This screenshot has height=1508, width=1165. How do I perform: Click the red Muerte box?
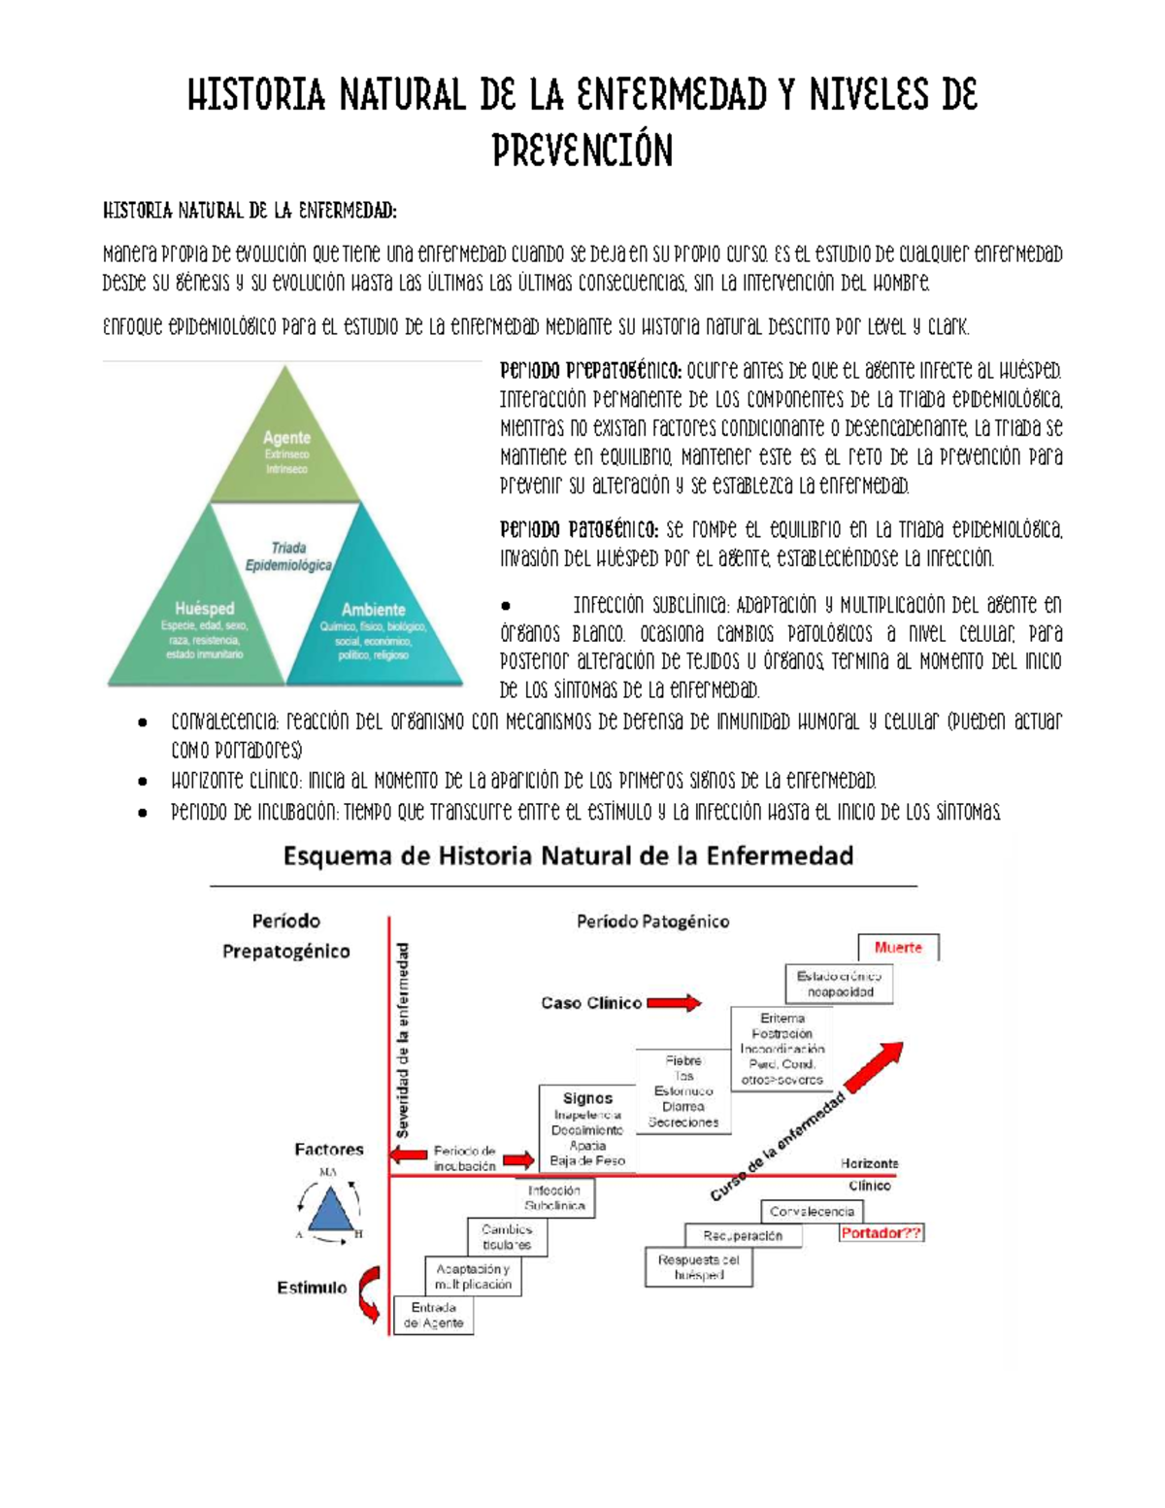898,948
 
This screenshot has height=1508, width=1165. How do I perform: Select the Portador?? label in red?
881,1233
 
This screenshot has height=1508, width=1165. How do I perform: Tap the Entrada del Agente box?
433,1316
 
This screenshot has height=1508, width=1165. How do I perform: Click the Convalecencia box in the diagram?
812,1212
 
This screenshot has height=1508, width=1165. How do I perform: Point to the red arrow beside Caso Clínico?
674,1002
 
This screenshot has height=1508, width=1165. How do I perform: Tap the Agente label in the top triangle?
286,438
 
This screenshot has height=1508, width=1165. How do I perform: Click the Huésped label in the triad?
204,609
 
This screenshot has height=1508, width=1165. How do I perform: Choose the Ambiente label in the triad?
373,610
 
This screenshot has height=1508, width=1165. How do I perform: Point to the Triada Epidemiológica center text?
288,556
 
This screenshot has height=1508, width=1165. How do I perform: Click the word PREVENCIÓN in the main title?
582,151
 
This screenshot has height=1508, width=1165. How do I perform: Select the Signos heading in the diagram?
587,1098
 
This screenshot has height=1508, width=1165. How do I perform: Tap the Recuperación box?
743,1236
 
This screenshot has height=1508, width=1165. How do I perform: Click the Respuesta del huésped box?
698,1267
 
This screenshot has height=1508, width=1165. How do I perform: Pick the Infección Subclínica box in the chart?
554,1197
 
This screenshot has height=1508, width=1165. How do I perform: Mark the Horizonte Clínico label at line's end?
869,1174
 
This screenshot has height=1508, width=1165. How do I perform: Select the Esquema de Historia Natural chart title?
568,856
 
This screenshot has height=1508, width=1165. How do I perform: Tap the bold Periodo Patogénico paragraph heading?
580,530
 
